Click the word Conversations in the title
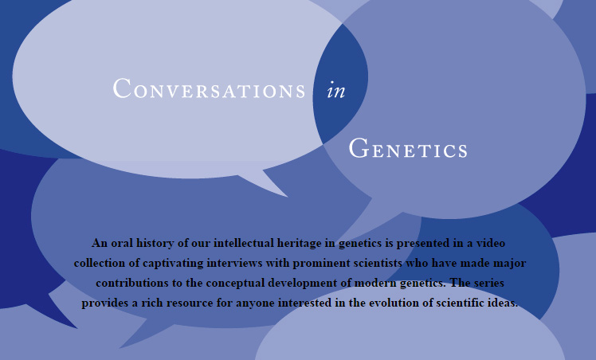click(x=209, y=88)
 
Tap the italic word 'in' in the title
click(x=336, y=90)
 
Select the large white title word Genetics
click(x=408, y=148)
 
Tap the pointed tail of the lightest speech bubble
click(x=286, y=196)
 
